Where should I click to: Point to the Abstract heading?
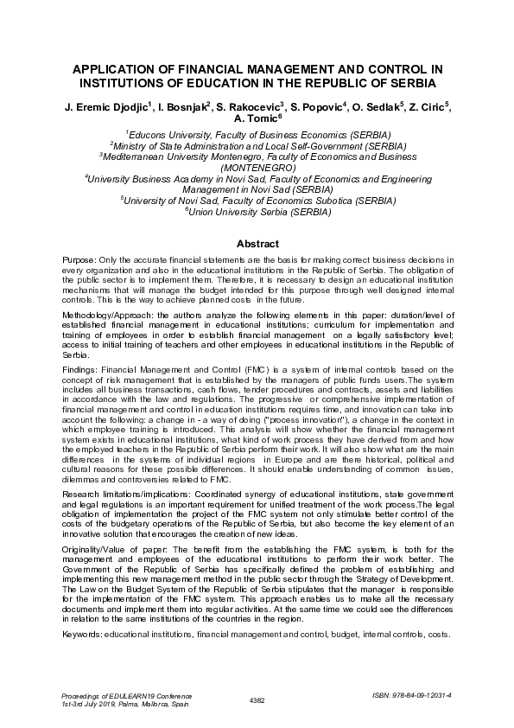[x=257, y=244]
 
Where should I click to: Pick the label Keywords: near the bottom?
[x=82, y=610]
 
